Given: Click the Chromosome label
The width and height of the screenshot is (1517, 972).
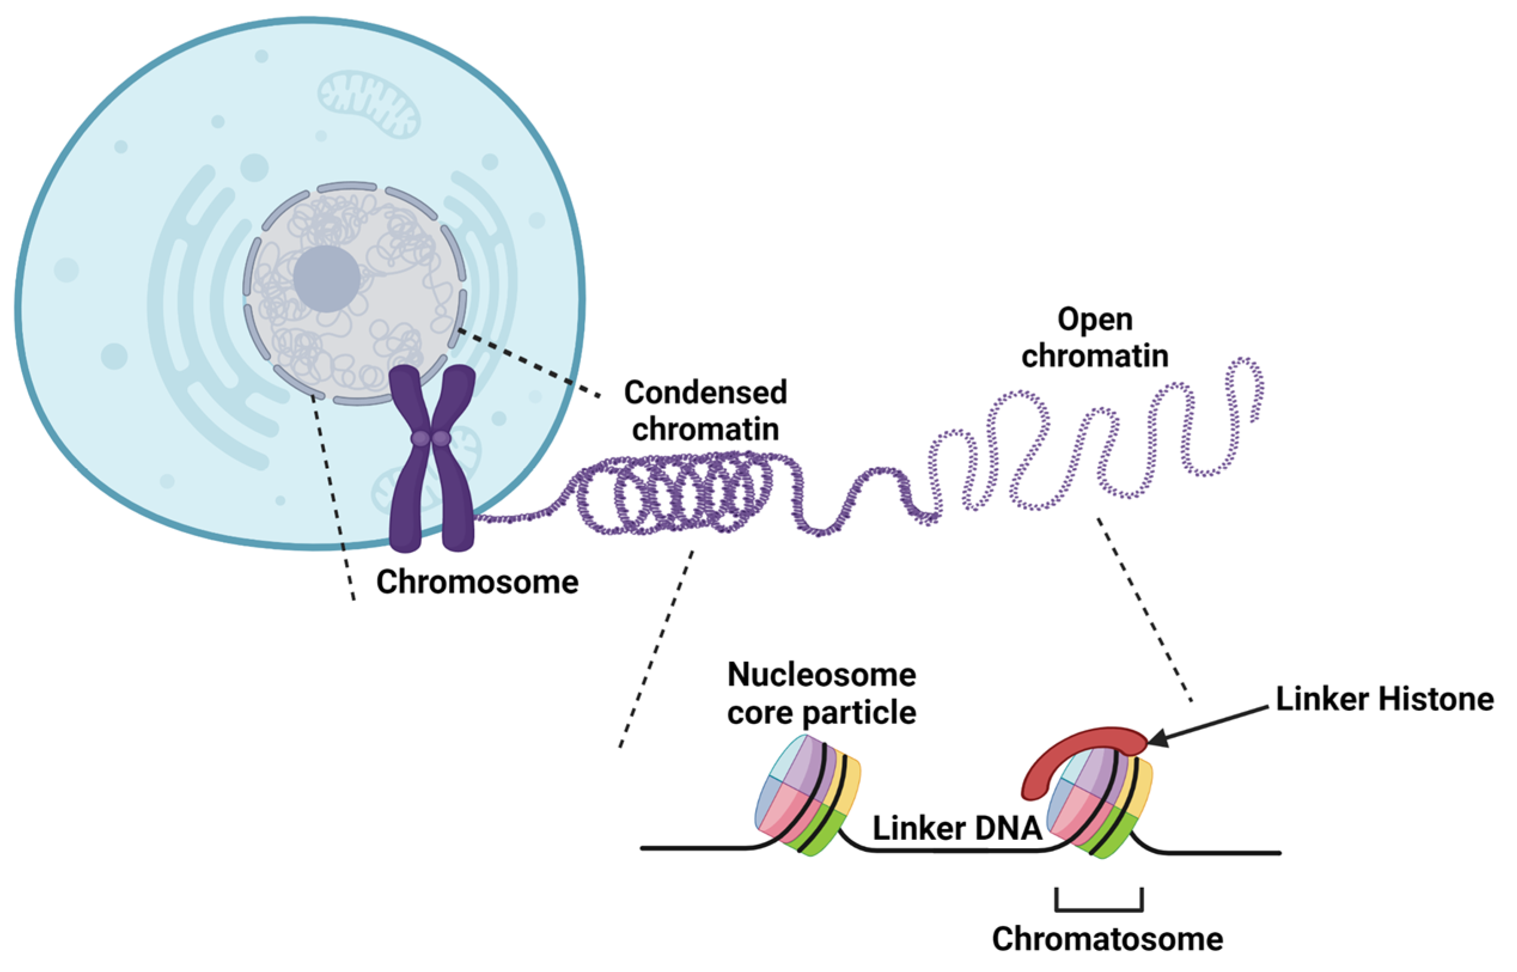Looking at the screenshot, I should coord(477,582).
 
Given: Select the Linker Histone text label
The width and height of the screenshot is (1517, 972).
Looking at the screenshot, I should coord(1384,699).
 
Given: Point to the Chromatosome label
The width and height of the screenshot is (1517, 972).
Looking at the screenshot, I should coord(1107,939).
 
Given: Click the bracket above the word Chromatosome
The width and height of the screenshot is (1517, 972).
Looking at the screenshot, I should coord(1098,909).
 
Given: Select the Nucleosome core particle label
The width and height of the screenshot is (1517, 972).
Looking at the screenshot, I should coord(822,693).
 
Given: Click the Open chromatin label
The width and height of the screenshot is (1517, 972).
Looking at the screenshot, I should coord(1095,338).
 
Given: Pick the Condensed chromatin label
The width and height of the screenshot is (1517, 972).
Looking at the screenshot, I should coord(705,410).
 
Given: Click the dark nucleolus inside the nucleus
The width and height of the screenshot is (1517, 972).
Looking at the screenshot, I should coord(326,279).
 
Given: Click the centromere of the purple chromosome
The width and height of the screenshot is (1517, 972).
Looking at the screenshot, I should coord(431,438).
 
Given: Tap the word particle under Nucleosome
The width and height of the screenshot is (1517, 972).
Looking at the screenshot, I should coord(859,713).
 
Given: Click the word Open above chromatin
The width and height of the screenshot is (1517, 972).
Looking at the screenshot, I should coord(1095,319).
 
